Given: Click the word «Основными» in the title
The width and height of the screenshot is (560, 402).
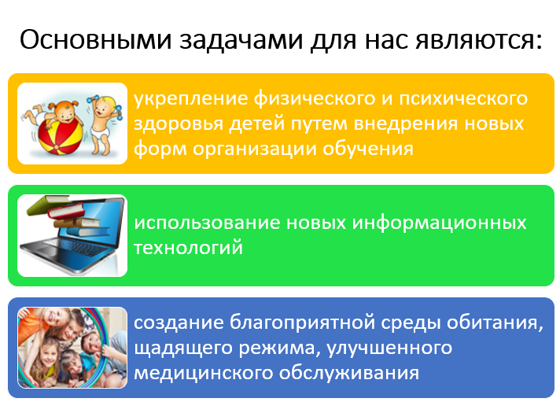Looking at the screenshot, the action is click(96, 39).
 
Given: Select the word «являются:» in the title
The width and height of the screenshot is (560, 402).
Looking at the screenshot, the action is click(479, 40).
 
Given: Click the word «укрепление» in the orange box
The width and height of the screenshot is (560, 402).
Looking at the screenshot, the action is click(190, 98).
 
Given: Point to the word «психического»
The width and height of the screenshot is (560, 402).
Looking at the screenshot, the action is click(462, 98).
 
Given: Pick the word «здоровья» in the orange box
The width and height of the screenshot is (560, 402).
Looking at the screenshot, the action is click(178, 124).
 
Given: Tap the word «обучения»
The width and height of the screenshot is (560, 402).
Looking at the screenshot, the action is click(368, 149).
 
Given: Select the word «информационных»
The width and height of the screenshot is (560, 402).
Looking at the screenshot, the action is click(439, 223).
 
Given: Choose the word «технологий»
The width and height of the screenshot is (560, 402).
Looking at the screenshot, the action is click(188, 248).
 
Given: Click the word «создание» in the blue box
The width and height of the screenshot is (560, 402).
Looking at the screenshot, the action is click(179, 323).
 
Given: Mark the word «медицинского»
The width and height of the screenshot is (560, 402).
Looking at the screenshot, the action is click(203, 373).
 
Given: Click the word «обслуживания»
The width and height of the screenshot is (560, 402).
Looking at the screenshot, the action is click(349, 372).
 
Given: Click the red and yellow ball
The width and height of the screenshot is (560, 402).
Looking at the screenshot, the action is click(60, 138).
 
